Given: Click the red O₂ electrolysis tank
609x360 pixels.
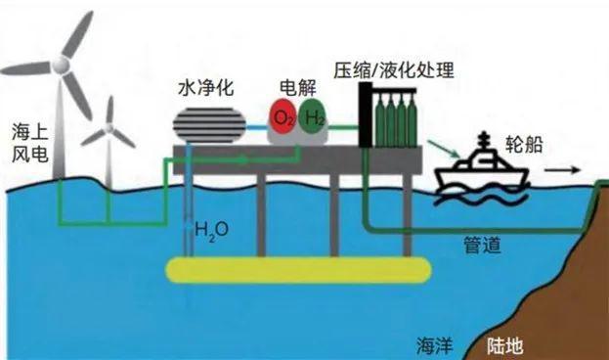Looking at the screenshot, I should coord(283,119).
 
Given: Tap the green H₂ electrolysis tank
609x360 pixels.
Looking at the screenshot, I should coord(314,119).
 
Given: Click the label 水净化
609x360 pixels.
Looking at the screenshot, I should coord(206,85).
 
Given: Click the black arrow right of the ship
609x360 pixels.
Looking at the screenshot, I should coord(561,170).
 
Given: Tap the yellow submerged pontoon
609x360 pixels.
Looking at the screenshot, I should coord(297,269).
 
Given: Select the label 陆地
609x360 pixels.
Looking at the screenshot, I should coord(505,345).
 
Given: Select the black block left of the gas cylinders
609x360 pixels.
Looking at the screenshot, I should coord(366,114).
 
